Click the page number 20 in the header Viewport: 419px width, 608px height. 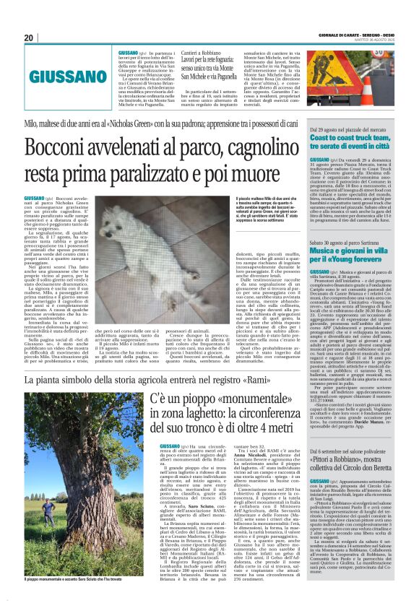(29, 38)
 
